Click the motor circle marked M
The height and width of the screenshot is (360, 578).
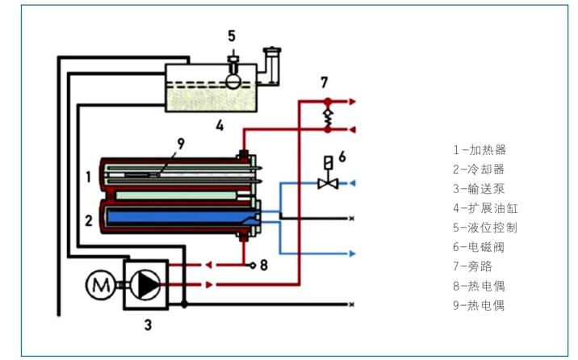(100, 284)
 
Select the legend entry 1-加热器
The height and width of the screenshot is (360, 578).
(480, 150)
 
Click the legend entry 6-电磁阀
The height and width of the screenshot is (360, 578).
(479, 247)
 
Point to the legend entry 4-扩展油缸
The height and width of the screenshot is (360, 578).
(485, 208)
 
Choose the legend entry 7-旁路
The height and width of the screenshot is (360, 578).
(472, 266)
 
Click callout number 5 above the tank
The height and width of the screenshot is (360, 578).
(232, 36)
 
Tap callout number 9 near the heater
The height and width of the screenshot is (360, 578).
(181, 144)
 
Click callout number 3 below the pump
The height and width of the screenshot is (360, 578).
(148, 325)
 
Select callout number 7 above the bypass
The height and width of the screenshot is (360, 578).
(324, 82)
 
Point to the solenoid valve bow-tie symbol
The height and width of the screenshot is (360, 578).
(328, 183)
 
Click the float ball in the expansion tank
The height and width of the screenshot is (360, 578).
(233, 81)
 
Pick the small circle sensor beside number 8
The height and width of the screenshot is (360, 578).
(253, 265)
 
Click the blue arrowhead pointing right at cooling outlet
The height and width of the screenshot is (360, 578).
(352, 253)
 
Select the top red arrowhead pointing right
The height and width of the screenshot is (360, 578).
(353, 102)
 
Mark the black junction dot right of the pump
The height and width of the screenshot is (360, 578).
(184, 305)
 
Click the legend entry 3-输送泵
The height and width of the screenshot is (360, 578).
(479, 189)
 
